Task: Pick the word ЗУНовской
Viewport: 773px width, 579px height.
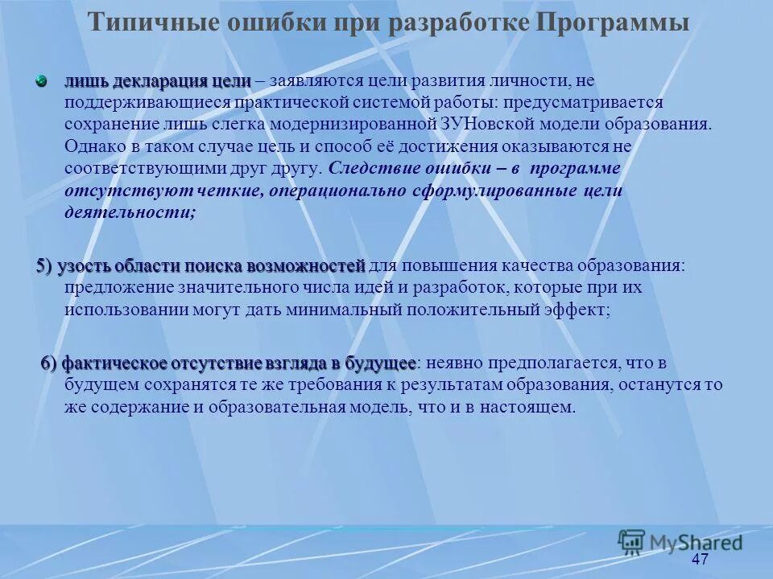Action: (x=490, y=125)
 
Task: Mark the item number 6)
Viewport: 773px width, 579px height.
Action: (x=50, y=363)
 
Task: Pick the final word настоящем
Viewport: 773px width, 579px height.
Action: (x=527, y=407)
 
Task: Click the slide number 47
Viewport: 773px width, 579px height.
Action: (x=700, y=560)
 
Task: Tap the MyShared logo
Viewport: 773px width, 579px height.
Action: (x=680, y=541)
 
